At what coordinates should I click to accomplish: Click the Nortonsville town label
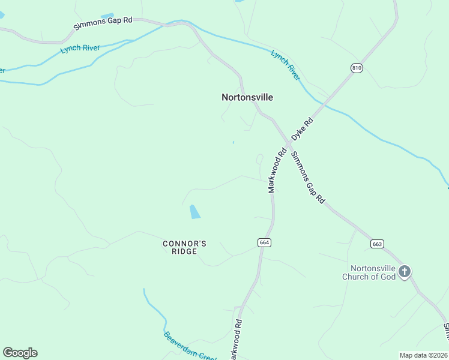coord(247,97)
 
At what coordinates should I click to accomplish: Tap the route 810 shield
coord(357,68)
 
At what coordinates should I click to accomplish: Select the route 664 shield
coord(265,242)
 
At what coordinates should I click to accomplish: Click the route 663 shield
coord(377,244)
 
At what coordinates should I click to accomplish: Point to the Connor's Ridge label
coord(185,247)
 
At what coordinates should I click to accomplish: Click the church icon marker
coord(405,272)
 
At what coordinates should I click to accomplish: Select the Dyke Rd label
coord(303,130)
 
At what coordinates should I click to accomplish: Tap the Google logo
coord(20,353)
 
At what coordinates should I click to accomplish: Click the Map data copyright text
coord(423,355)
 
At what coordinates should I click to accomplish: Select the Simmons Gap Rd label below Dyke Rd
coord(307,178)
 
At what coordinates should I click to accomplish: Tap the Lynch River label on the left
coord(80,47)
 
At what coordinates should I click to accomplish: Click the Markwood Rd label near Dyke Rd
coord(275,170)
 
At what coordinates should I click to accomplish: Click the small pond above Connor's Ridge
coord(194,211)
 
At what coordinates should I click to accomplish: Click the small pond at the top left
coord(107,16)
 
